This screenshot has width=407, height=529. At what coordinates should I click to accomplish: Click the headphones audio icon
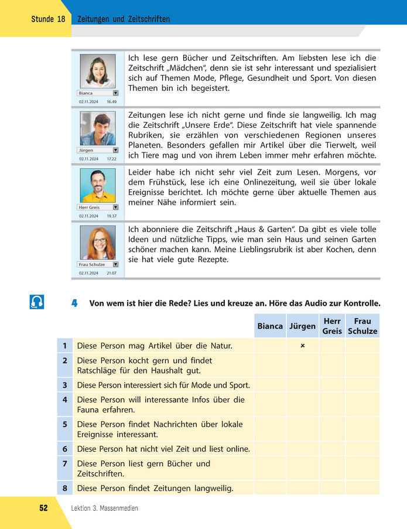36,302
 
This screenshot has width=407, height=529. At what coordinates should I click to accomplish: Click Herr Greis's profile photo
97,185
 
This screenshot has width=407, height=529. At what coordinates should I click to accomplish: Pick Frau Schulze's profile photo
97,242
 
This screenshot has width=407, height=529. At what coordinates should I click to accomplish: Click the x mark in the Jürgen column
302,346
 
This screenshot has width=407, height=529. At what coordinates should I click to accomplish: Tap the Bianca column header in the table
269,326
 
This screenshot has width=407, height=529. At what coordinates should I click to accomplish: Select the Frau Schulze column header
362,326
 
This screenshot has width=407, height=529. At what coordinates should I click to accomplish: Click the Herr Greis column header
332,326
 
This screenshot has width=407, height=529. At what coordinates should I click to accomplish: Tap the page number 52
43,508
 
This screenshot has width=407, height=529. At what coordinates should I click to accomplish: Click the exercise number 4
74,303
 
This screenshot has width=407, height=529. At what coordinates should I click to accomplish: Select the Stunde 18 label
48,19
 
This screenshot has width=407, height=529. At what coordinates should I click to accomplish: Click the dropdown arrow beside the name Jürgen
115,150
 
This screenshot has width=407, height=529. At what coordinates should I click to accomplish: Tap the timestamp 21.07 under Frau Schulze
111,273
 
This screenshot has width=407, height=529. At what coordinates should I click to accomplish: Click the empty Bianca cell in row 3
269,385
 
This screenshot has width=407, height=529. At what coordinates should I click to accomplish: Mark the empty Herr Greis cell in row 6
332,449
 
